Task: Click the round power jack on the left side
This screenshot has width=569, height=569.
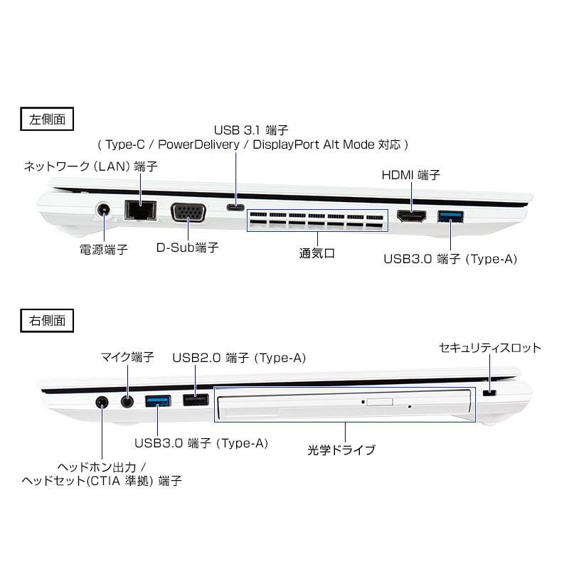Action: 103,210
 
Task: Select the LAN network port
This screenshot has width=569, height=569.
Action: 141,210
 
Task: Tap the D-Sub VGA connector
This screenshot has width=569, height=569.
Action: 188,212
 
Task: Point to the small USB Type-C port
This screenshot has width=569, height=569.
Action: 235,208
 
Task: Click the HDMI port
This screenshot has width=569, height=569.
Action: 411,216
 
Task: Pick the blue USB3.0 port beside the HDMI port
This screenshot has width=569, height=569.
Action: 450,216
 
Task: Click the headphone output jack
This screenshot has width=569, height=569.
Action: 102,402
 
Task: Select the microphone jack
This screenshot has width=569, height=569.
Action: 127,402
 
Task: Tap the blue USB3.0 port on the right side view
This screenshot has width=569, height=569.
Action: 158,401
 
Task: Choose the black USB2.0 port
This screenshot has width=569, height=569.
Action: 196,400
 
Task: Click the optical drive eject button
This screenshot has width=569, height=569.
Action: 380,402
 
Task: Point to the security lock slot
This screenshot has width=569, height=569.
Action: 490,393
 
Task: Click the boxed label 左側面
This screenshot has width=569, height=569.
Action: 47,119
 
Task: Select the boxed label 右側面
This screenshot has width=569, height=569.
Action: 47,321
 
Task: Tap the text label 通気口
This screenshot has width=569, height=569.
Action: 317,253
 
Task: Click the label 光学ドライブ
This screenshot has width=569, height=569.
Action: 341,450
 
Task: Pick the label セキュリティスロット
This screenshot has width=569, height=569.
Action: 490,348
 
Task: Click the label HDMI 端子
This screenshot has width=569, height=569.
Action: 411,175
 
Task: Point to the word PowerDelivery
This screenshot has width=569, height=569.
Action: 198,144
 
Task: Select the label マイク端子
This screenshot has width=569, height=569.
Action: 127,357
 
